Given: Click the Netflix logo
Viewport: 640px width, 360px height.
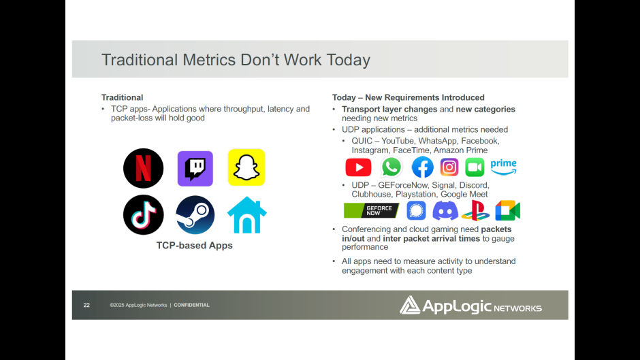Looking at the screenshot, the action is pyautogui.click(x=143, y=168).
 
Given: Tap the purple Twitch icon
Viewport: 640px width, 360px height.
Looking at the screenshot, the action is pyautogui.click(x=195, y=169).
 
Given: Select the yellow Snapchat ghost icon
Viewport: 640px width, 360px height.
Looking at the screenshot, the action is pyautogui.click(x=246, y=167).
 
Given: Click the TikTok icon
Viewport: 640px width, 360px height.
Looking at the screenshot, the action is pyautogui.click(x=143, y=214).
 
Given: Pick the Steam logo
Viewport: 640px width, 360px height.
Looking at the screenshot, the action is pyautogui.click(x=195, y=214).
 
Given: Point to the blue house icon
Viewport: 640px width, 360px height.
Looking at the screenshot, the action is pyautogui.click(x=247, y=215).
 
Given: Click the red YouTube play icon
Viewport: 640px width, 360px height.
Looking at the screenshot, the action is pyautogui.click(x=358, y=167).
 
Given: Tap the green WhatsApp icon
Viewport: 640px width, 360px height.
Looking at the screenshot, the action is pyautogui.click(x=391, y=167).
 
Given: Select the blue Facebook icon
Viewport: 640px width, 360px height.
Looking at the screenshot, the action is pyautogui.click(x=422, y=167).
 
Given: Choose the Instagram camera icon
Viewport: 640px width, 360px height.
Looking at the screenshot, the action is pyautogui.click(x=449, y=167).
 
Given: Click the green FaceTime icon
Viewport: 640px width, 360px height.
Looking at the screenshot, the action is pyautogui.click(x=475, y=167).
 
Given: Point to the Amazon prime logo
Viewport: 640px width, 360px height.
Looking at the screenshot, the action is pyautogui.click(x=504, y=167).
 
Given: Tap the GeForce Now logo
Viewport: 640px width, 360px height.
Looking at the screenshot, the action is pyautogui.click(x=372, y=210).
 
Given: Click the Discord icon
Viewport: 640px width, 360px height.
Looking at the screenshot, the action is pyautogui.click(x=445, y=211).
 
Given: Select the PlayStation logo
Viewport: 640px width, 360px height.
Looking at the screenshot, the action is pyautogui.click(x=475, y=210).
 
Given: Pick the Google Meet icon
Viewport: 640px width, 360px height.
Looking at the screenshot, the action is pyautogui.click(x=508, y=210).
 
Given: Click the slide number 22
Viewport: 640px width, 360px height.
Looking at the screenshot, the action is pyautogui.click(x=86, y=305).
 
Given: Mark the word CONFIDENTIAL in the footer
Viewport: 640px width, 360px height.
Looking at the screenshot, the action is pyautogui.click(x=192, y=305).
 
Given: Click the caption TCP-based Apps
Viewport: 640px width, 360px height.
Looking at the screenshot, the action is pyautogui.click(x=194, y=245).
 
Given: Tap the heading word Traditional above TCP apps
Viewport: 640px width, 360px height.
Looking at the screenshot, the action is pyautogui.click(x=122, y=97).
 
